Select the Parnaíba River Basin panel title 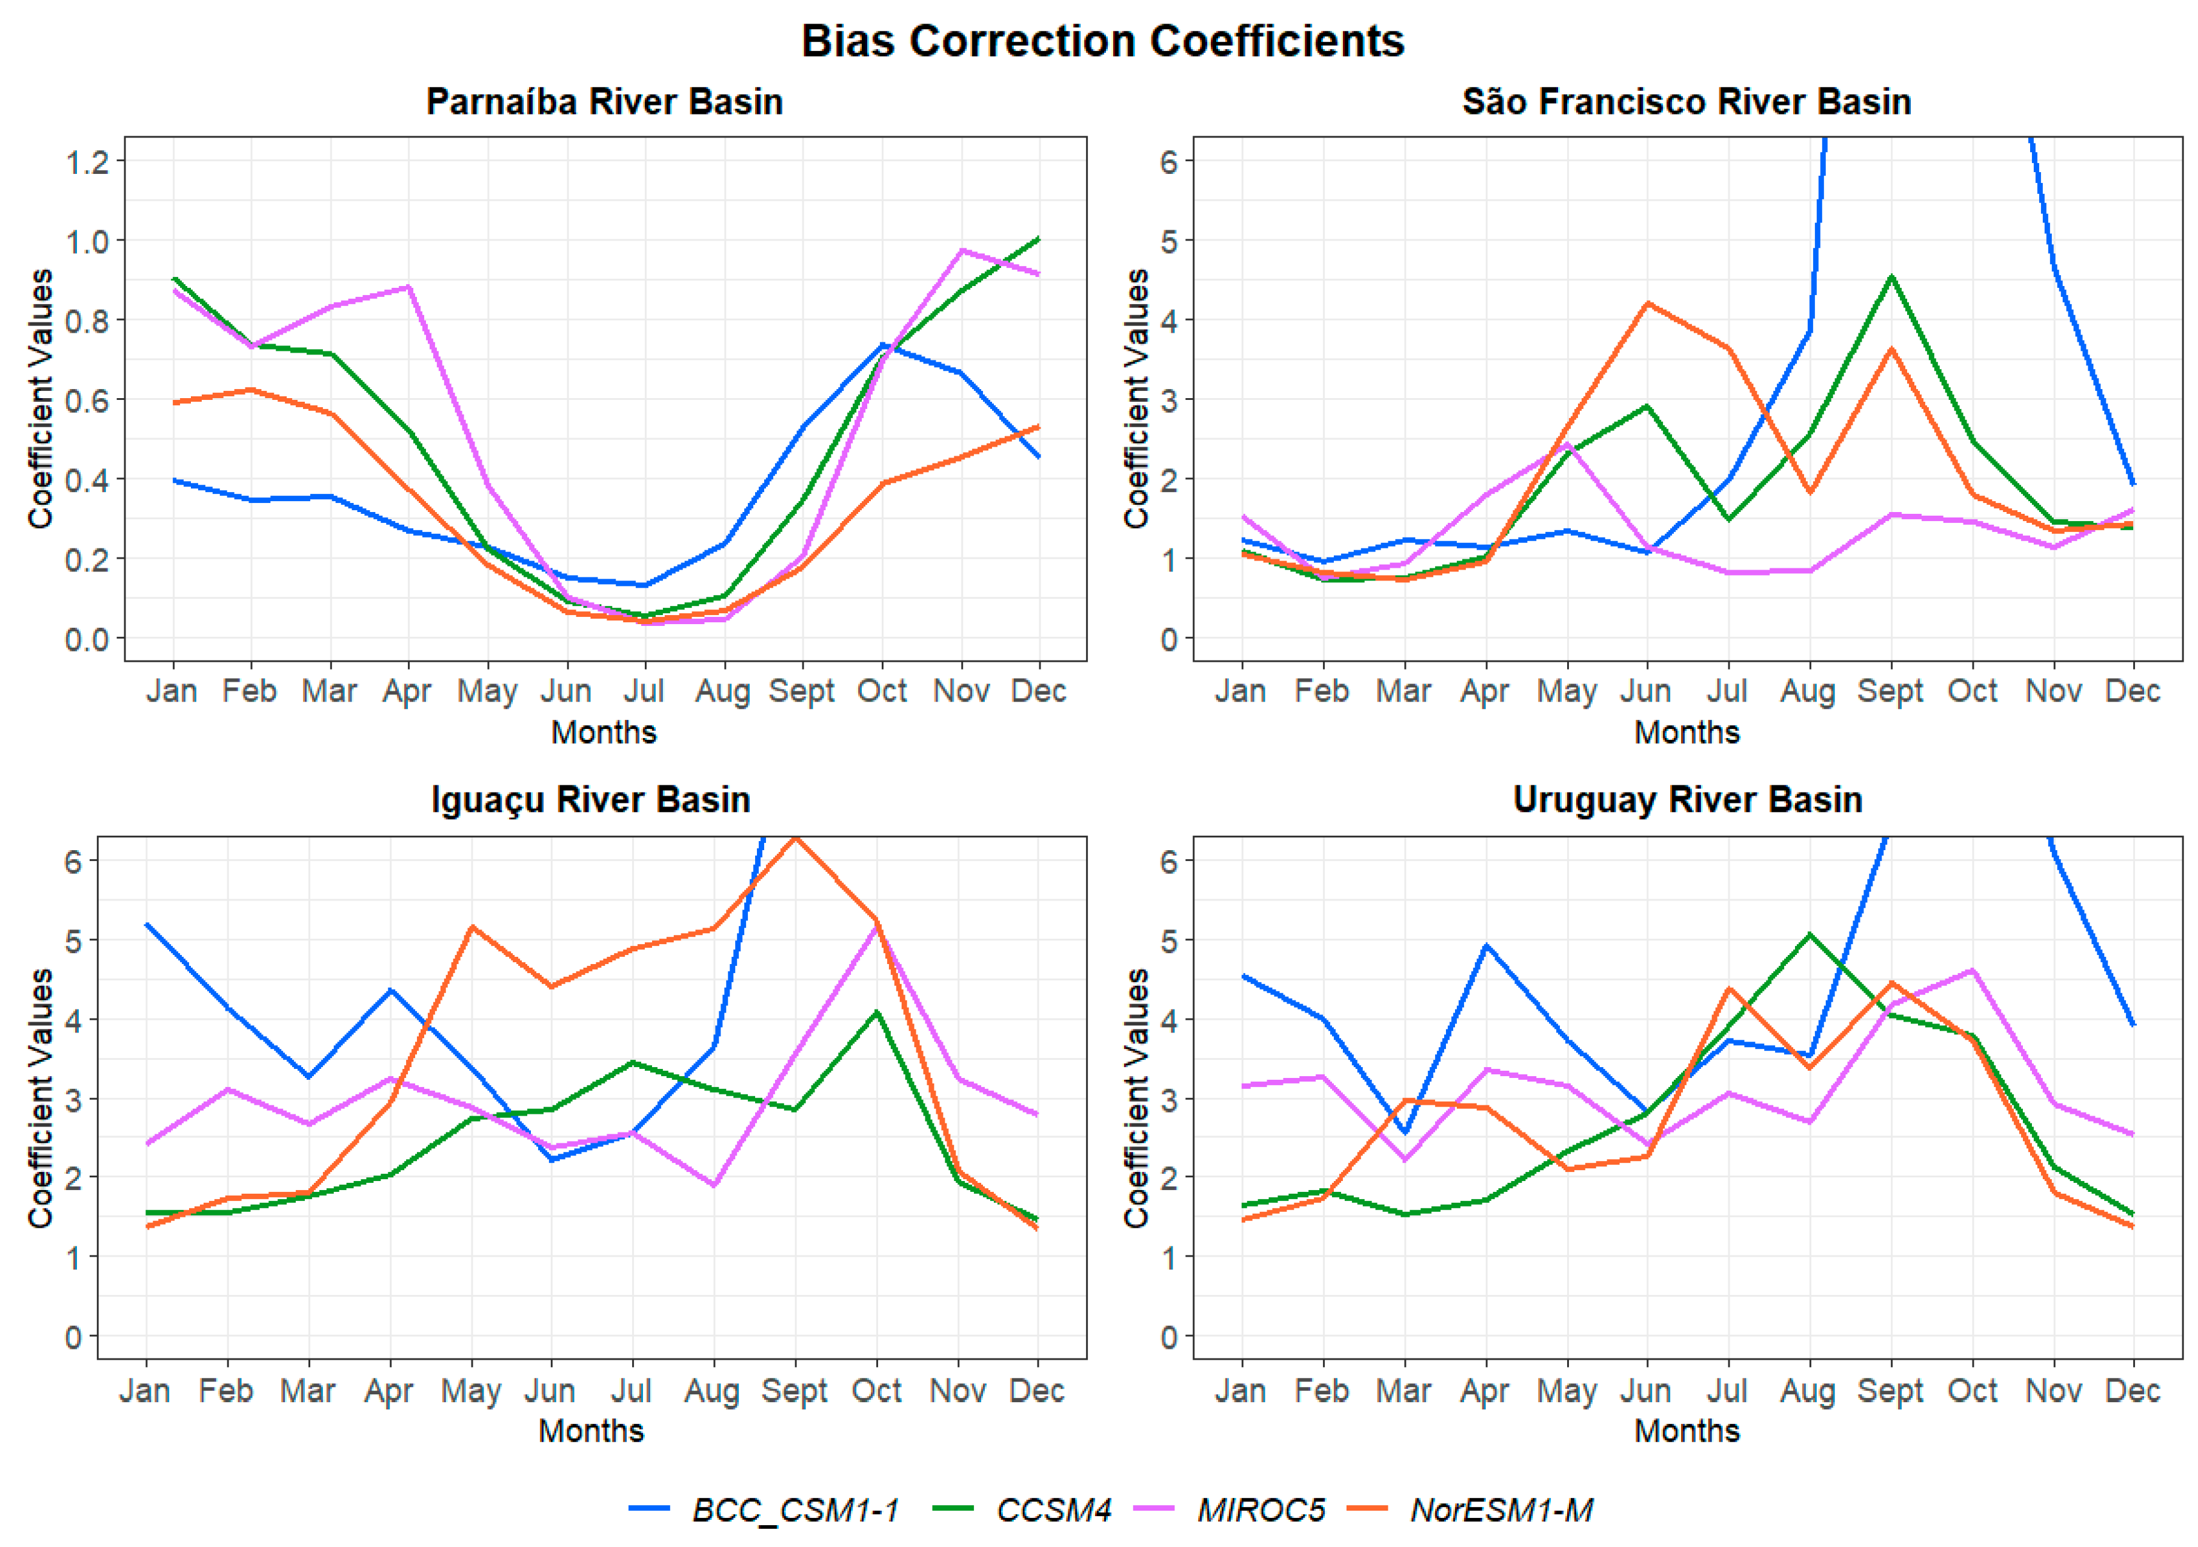[x=604, y=101]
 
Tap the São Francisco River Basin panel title [x=1686, y=101]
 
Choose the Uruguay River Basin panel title [x=1687, y=799]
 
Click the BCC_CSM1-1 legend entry [x=794, y=1509]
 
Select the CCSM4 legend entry [x=1053, y=1509]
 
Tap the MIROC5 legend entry [x=1261, y=1509]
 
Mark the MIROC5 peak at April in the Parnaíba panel [x=409, y=287]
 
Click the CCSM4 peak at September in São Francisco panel [x=1891, y=278]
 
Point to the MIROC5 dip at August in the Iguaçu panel [x=714, y=1185]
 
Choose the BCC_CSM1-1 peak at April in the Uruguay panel [x=1486, y=946]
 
